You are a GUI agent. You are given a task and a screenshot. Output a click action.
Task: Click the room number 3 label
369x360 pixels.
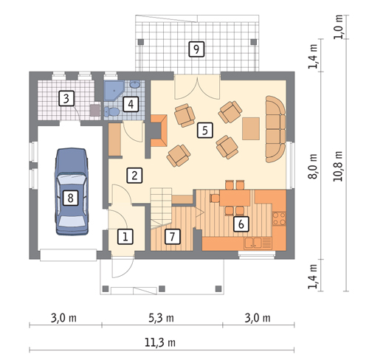tap(66, 98)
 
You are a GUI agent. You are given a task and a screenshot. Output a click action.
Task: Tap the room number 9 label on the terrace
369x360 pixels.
tap(196, 49)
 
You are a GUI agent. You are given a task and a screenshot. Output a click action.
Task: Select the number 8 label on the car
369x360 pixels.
tap(70, 198)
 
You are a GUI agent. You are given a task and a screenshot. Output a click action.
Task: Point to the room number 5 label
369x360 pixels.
tap(205, 130)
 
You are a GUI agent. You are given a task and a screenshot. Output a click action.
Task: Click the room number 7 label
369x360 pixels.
tap(172, 237)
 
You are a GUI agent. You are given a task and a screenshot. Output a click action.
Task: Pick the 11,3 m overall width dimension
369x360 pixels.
tap(160, 342)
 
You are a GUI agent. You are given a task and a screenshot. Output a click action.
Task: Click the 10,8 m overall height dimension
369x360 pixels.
tap(338, 166)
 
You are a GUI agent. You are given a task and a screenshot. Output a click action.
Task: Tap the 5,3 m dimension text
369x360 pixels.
tap(161, 318)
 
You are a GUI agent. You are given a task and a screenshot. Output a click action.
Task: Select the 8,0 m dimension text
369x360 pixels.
tap(313, 166)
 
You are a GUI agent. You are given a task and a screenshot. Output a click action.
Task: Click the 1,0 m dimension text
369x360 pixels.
tap(338, 27)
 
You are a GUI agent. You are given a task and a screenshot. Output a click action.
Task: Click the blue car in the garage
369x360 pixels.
tap(72, 192)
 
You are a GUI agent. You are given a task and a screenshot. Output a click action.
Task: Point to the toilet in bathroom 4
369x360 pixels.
tap(111, 112)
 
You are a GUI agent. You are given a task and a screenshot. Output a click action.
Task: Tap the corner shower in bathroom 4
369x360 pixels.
tap(114, 91)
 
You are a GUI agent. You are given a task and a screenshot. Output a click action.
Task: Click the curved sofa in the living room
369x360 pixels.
tap(275, 129)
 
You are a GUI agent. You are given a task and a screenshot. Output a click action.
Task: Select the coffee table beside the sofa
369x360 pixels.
tap(251, 128)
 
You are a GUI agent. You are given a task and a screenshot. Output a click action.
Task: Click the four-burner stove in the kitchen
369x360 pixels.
tap(280, 218)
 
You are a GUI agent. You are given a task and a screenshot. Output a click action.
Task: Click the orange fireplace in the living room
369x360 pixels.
tap(159, 131)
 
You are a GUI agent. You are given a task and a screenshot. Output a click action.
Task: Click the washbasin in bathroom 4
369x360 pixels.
tap(135, 85)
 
